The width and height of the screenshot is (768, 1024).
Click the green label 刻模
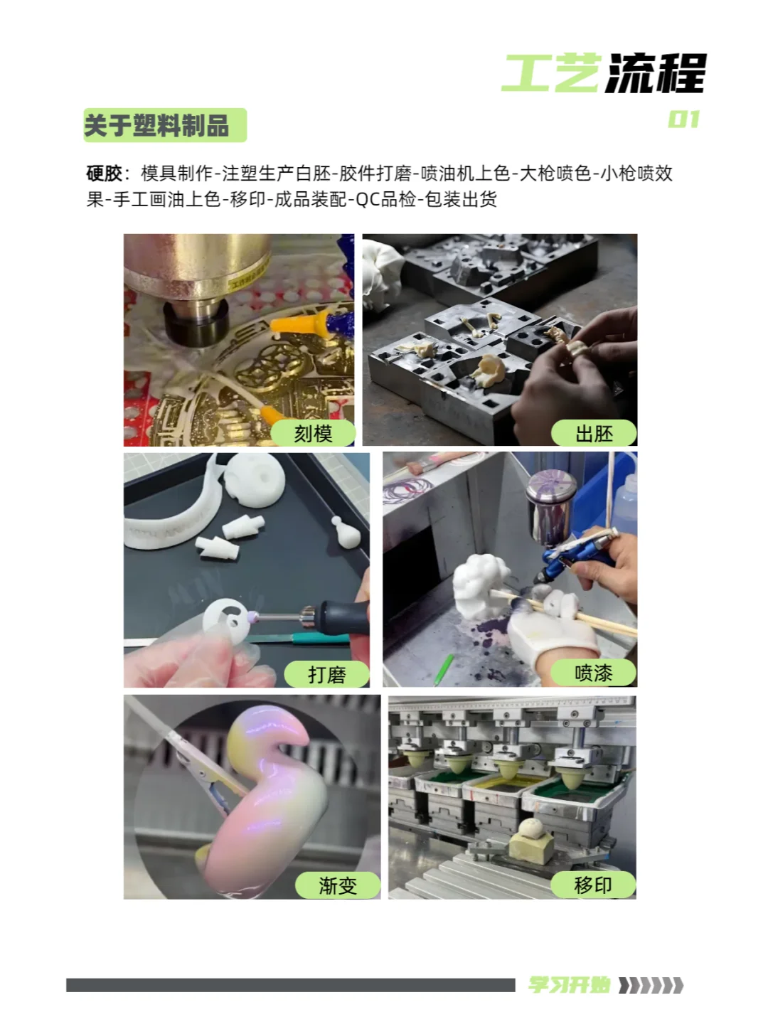[313, 434]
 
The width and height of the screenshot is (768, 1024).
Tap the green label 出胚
[594, 434]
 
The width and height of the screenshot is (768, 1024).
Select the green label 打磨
[326, 674]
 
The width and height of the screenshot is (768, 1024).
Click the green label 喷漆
[593, 673]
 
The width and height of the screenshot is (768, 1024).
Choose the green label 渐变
[337, 885]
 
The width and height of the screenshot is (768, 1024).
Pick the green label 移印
[592, 885]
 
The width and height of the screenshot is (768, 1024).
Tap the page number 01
[683, 119]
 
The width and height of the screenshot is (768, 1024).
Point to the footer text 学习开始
[569, 985]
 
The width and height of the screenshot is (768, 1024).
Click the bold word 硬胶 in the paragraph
[104, 174]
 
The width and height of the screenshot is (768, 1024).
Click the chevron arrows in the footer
[651, 985]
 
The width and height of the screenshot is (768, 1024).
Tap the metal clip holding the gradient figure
[206, 775]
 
